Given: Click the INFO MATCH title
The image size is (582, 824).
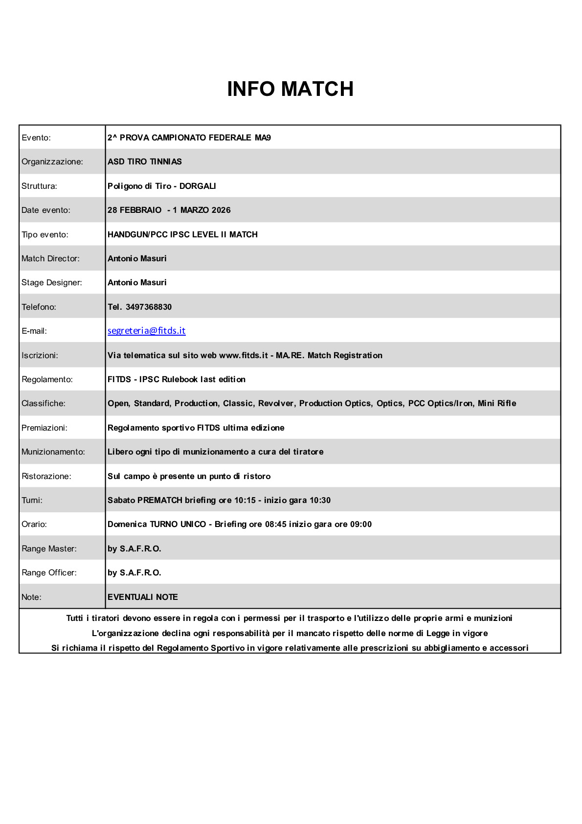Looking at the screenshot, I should (x=290, y=89).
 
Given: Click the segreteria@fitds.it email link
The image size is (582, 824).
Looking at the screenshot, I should (x=147, y=331).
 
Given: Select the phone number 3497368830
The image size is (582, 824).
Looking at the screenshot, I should (x=148, y=307).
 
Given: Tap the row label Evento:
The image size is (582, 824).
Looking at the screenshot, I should (x=36, y=137).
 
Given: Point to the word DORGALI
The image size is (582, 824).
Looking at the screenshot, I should (x=198, y=186).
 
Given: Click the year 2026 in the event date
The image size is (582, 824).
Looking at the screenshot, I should (x=221, y=210).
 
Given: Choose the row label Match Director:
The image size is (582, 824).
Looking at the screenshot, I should (x=50, y=258).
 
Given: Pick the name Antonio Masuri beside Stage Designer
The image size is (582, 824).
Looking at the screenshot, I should (x=137, y=282).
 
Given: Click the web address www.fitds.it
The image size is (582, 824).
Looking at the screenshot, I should (x=243, y=355).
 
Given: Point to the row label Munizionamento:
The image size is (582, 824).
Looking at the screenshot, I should (x=53, y=452).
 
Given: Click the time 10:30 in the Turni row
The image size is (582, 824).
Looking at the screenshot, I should (x=320, y=500).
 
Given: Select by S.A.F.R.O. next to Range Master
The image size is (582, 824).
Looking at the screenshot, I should (x=134, y=549).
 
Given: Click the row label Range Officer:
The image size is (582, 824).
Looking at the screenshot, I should (x=49, y=572).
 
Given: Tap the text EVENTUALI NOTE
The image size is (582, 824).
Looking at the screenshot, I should (x=143, y=597).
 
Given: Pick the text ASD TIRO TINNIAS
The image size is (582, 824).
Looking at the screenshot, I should (x=145, y=161).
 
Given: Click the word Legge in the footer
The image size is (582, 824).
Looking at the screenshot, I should (x=438, y=633).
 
